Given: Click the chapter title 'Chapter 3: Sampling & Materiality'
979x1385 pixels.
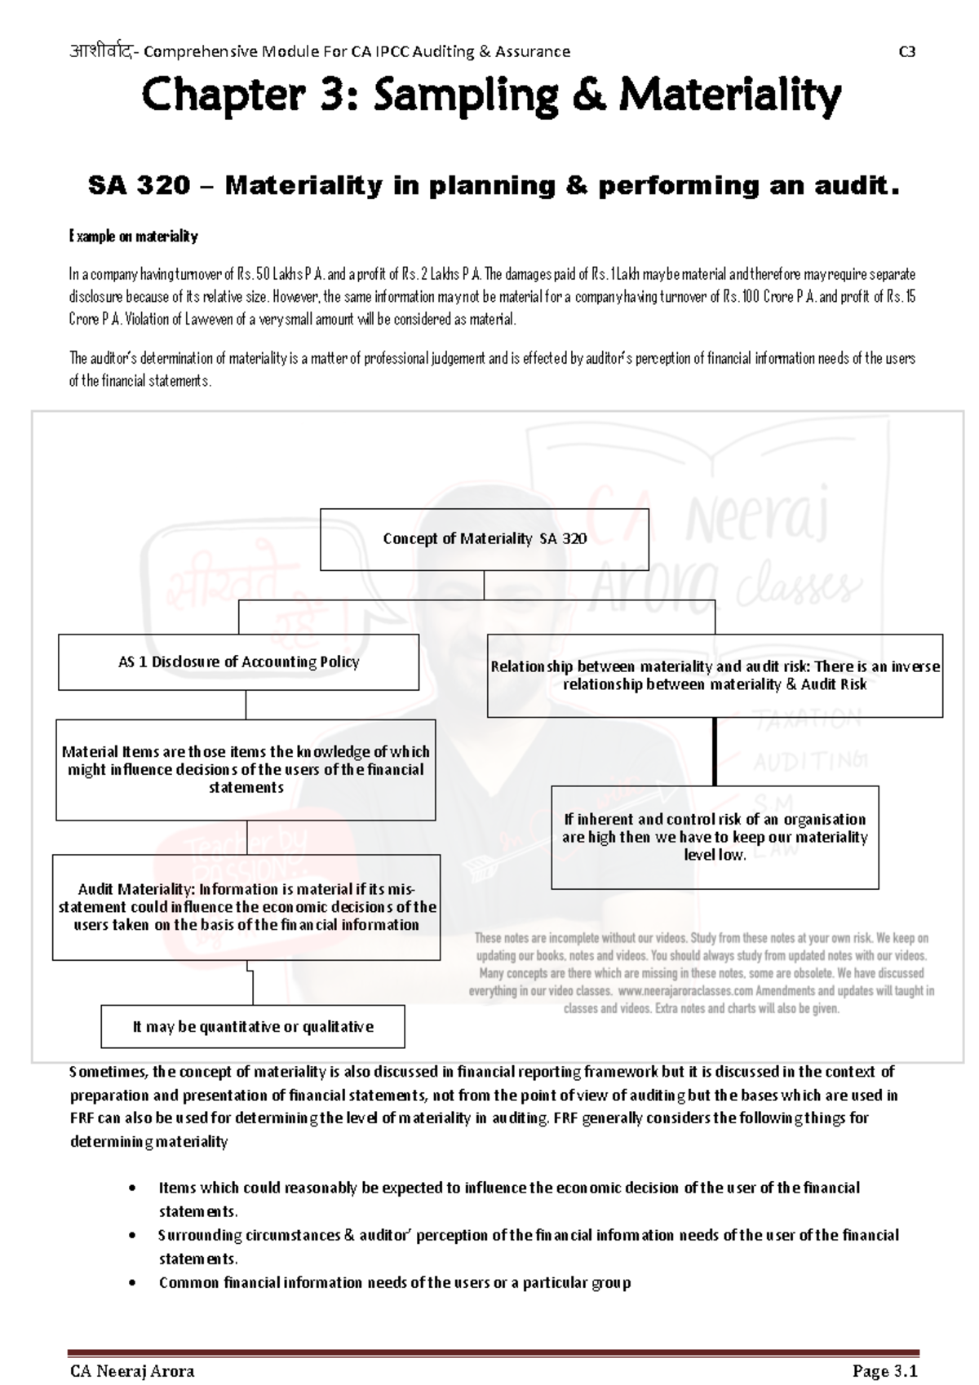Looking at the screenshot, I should [x=490, y=96].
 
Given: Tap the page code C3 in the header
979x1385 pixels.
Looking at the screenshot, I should [x=906, y=51].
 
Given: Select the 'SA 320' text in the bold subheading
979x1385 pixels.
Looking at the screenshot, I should [x=139, y=186].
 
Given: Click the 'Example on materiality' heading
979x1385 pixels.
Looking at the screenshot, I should [x=133, y=237].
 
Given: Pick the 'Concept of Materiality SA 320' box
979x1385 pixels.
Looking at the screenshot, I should [x=484, y=539].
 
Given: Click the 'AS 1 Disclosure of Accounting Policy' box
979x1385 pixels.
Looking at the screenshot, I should [x=238, y=662].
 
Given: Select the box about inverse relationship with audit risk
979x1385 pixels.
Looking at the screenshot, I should [x=715, y=675].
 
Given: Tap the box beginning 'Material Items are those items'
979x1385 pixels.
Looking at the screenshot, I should [x=246, y=769].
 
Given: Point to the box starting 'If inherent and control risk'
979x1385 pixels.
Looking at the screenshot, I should [x=715, y=837].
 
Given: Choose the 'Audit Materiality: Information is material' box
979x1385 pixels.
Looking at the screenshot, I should [x=246, y=907].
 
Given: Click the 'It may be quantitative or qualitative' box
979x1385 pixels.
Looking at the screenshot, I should [x=253, y=1027].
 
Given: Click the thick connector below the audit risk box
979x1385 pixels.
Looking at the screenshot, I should [x=715, y=751].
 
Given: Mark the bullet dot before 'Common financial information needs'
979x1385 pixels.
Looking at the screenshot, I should [x=133, y=1283].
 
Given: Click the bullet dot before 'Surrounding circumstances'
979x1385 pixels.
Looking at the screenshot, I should [x=133, y=1236].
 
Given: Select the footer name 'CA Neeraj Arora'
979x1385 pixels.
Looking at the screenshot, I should [x=132, y=1372].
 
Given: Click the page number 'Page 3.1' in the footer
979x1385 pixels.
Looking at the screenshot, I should [x=885, y=1372].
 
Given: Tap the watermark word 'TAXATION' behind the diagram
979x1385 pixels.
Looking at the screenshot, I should [x=807, y=719].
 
